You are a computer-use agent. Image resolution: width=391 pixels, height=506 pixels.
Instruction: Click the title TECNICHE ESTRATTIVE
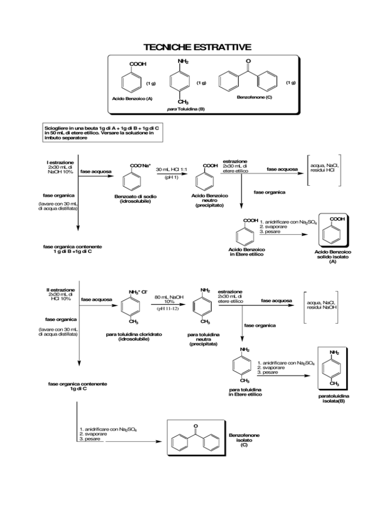point(197,47)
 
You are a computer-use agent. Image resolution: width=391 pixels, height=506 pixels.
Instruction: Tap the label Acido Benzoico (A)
point(132,99)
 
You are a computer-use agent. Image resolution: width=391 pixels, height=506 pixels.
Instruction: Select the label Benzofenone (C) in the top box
point(255,97)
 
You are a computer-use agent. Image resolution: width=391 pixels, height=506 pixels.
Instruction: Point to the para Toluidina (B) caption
point(186,109)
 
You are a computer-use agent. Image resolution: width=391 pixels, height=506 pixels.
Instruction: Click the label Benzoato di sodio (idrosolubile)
point(135,199)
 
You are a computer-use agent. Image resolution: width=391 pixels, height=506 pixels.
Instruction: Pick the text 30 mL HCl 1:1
point(172,170)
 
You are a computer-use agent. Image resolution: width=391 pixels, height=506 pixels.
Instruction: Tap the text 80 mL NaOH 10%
point(169,299)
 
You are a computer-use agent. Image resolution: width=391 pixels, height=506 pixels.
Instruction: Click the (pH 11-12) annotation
point(168,308)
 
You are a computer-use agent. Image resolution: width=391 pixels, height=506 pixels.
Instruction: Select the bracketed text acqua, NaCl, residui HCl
point(324,168)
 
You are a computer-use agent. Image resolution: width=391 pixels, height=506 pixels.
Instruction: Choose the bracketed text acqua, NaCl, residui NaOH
point(322,305)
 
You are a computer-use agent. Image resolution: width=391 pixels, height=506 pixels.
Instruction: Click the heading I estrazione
point(60,162)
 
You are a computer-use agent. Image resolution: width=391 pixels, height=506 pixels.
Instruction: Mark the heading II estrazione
point(61,290)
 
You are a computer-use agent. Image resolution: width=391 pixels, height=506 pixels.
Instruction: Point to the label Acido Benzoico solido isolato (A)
point(332,257)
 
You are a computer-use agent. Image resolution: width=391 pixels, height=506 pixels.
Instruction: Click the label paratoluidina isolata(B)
point(334,399)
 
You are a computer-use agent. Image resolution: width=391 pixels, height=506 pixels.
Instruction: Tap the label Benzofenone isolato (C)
point(244,440)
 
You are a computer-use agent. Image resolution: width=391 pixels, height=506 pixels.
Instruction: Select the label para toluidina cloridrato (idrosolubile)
point(134,337)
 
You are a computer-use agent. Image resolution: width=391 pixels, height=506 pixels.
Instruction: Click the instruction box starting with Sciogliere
point(103,133)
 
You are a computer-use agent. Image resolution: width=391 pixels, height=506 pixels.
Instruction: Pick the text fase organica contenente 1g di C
point(77,386)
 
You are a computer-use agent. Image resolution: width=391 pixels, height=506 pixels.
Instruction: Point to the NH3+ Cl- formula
point(138,292)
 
